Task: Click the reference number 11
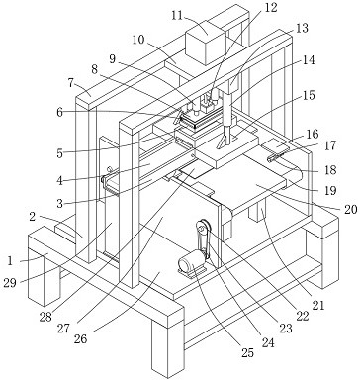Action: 177,15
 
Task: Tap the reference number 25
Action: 247,352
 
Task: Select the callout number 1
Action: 10,261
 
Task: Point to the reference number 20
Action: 350,209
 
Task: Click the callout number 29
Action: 10,283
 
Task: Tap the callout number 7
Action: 70,83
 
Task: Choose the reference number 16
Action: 313,135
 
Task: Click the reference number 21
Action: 318,305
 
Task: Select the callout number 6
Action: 59,113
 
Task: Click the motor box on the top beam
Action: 206,42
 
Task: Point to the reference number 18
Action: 330,169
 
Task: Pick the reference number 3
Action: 59,204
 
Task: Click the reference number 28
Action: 45,317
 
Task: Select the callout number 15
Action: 309,95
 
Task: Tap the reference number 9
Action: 113,59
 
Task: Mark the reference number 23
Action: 286,329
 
